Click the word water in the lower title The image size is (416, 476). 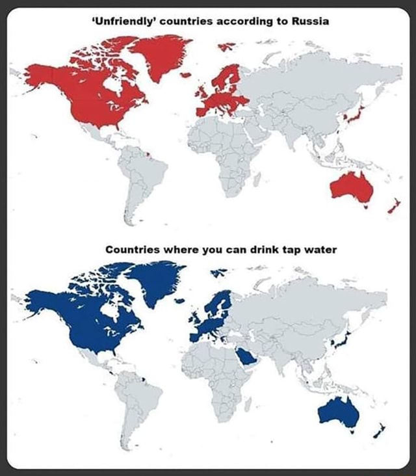click(x=318, y=249)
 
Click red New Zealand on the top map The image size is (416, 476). click(x=393, y=207)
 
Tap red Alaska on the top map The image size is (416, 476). click(x=40, y=73)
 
